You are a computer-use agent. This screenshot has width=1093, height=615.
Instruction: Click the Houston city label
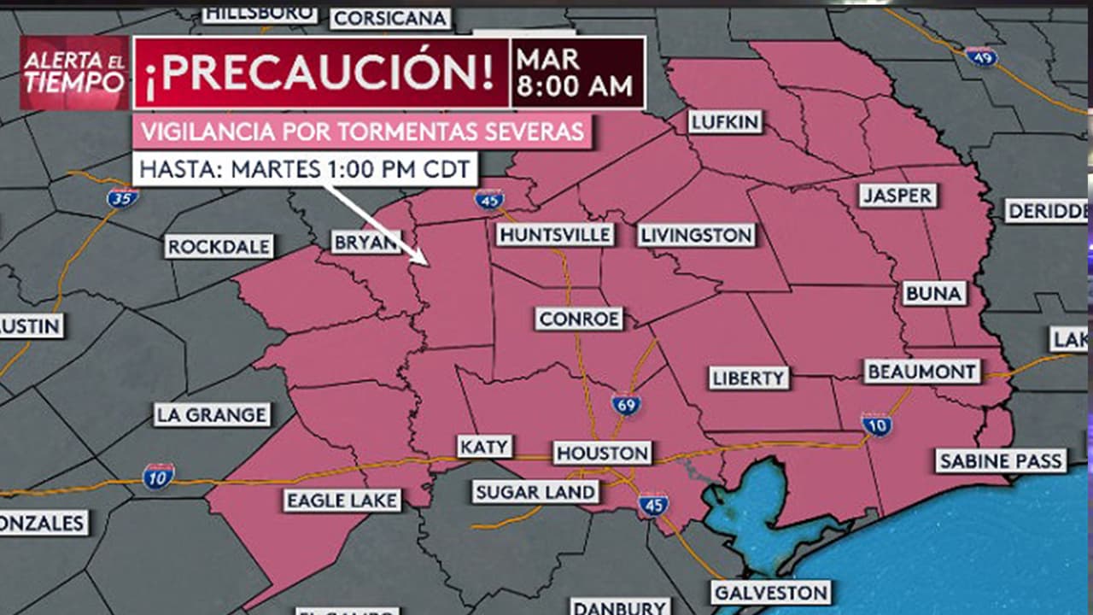click(602, 453)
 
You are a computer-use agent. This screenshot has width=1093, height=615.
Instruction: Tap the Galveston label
click(771, 592)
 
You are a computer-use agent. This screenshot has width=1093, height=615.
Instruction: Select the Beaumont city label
click(922, 372)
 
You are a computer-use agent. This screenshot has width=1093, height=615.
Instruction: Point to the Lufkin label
click(725, 122)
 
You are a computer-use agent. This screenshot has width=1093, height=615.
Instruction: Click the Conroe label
click(580, 319)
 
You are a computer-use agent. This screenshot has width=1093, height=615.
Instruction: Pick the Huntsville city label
click(555, 235)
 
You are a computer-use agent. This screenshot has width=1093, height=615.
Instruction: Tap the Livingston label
click(697, 235)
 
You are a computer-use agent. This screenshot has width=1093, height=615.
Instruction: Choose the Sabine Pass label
click(1001, 461)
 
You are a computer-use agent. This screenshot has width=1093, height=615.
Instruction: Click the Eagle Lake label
click(342, 501)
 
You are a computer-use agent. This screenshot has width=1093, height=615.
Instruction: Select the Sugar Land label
click(535, 492)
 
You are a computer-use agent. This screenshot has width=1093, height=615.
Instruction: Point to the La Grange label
click(212, 415)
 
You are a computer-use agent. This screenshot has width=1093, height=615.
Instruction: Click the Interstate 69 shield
click(626, 404)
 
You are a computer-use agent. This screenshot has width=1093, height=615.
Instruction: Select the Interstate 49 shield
click(981, 56)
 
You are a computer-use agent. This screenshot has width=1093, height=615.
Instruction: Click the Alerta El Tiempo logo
click(74, 73)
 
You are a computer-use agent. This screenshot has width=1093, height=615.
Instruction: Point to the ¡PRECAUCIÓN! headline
click(320, 73)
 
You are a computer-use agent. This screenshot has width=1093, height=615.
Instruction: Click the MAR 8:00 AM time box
click(577, 73)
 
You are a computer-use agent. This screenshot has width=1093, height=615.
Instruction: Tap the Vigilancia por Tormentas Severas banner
click(363, 132)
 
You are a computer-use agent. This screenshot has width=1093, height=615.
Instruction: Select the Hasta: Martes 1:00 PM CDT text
click(304, 168)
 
